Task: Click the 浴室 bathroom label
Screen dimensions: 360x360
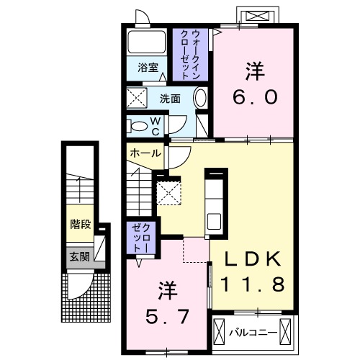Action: [x=147, y=69]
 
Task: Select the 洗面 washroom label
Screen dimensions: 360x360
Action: [x=170, y=98]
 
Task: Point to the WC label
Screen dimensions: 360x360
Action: [x=156, y=126]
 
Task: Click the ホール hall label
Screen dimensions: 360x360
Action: [x=145, y=153]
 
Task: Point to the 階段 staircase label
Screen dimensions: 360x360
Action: [x=80, y=225]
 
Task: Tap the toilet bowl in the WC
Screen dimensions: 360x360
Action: [x=137, y=126]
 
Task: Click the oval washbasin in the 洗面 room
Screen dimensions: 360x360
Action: [x=201, y=99]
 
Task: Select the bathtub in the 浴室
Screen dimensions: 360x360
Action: [x=148, y=42]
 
